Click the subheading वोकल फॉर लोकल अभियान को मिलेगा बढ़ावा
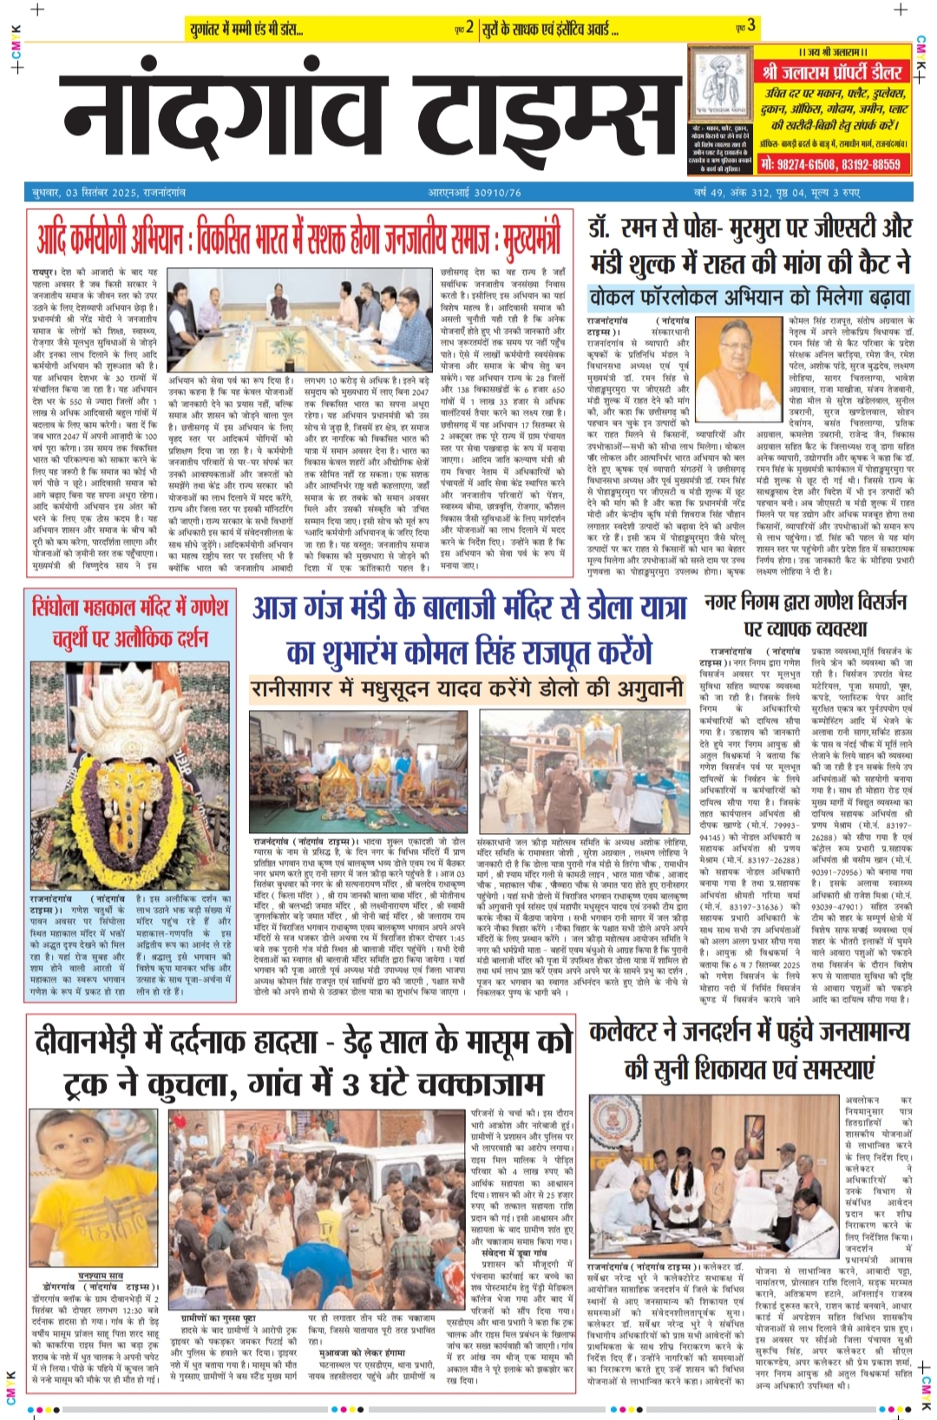750,298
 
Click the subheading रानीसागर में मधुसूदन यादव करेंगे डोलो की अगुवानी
467,689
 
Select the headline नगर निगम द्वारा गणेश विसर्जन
805,602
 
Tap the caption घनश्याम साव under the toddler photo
100,1274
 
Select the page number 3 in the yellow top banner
751,26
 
